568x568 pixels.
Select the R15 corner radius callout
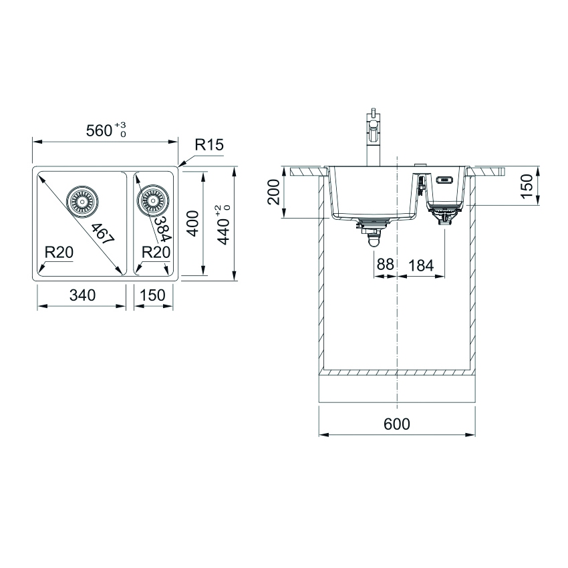(209, 145)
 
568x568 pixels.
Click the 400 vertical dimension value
(192, 224)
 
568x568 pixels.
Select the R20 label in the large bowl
(59, 252)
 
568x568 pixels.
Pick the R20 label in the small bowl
(156, 252)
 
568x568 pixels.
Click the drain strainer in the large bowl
(82, 200)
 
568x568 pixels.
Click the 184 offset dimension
(420, 265)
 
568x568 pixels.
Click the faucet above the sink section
(372, 137)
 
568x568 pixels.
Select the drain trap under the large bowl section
(370, 234)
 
